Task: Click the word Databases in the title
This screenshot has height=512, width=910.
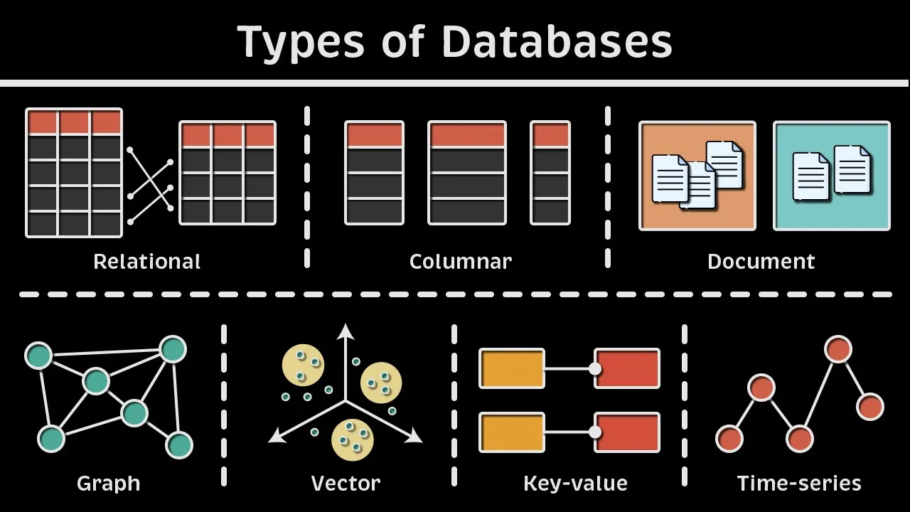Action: tap(557, 42)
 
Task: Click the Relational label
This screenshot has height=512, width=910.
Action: tap(147, 262)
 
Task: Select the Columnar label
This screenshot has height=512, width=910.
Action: tap(461, 262)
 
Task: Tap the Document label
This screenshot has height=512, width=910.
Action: tap(761, 262)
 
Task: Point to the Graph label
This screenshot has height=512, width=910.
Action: tap(108, 484)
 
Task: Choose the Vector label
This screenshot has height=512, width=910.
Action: tap(346, 484)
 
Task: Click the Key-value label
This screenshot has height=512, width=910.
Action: tap(575, 484)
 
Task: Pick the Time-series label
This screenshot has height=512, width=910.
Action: tap(799, 484)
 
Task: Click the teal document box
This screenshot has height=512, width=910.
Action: tap(832, 176)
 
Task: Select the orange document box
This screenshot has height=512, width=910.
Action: tap(697, 176)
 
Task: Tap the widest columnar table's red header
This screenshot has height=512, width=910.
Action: tap(467, 135)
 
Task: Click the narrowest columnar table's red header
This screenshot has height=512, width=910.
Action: tap(550, 135)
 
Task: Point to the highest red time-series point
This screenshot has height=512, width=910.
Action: tap(838, 349)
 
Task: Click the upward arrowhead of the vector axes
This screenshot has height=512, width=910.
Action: tap(346, 330)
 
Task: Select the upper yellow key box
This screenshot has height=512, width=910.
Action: tap(512, 368)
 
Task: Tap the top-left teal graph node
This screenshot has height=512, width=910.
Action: tap(38, 356)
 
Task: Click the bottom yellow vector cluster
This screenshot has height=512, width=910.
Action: tap(352, 439)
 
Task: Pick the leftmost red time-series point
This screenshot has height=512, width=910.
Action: tap(729, 439)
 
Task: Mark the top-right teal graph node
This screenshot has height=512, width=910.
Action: tap(173, 349)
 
